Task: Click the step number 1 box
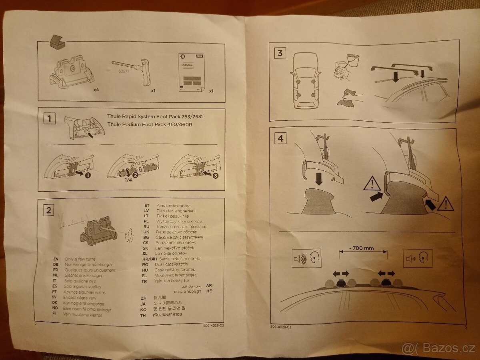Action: pos(49,118)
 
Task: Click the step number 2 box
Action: pos(49,210)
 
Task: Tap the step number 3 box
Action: pos(280,53)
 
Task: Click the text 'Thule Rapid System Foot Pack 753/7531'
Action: pos(158,116)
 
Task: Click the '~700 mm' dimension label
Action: pos(363,248)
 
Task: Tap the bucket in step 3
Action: pos(352,60)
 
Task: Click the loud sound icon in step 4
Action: pos(307,258)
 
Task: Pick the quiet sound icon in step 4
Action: pos(418,258)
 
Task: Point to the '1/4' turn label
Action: pos(128,180)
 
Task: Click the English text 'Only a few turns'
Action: pos(80,259)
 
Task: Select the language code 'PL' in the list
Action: pos(146,221)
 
